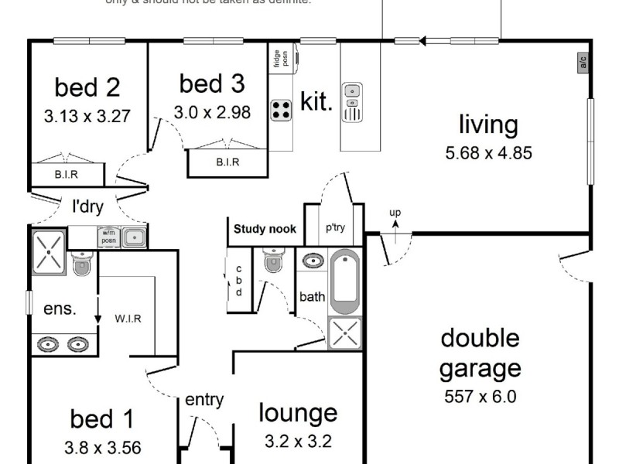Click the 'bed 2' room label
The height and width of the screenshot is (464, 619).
point(87,87)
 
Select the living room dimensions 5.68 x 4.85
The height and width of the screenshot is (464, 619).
point(488,152)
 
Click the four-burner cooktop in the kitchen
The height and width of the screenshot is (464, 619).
point(281,110)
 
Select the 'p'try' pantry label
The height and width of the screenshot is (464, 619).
point(334,227)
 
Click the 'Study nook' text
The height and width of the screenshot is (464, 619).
point(264,229)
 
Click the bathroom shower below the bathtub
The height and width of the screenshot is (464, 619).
point(344,333)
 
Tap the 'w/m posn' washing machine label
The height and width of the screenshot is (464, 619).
point(108,236)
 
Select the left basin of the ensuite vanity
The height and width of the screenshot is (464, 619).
point(48,343)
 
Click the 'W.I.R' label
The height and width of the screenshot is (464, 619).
point(128,318)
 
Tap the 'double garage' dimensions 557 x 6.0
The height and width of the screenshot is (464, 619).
point(480,397)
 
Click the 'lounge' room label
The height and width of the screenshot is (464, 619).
point(298,414)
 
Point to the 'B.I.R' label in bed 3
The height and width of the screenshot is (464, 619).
point(227,162)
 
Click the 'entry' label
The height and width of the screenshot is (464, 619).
point(204,400)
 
